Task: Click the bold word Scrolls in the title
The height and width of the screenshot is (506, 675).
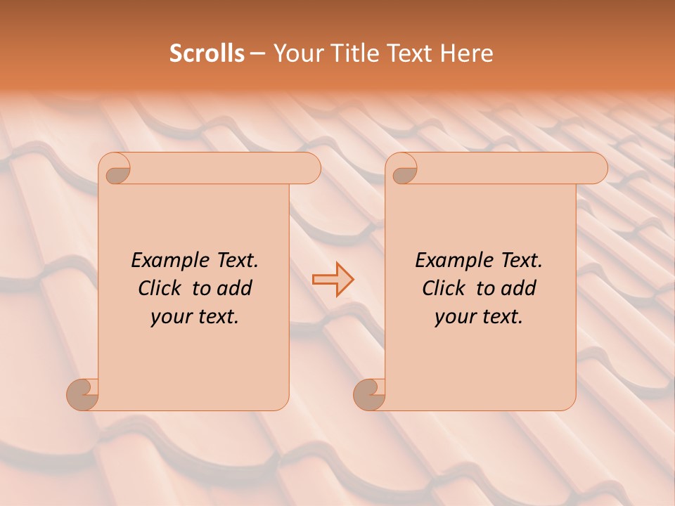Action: click(x=207, y=53)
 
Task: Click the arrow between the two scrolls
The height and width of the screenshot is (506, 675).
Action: click(x=333, y=279)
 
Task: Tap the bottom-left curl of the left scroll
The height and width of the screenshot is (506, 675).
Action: click(x=82, y=394)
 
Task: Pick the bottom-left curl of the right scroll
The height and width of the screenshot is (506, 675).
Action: click(x=369, y=394)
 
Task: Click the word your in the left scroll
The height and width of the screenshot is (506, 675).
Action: click(x=169, y=318)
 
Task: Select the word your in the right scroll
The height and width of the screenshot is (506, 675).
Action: click(x=453, y=318)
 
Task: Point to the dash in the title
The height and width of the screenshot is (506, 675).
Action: click(x=257, y=54)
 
